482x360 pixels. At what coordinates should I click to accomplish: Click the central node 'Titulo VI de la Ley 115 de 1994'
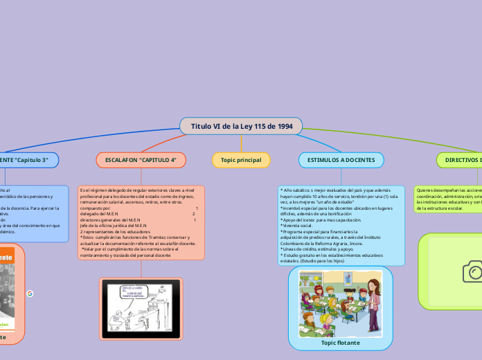(x=241, y=127)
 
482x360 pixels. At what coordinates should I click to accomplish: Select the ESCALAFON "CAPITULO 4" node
(x=141, y=160)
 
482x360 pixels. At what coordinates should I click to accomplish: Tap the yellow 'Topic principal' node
(x=241, y=160)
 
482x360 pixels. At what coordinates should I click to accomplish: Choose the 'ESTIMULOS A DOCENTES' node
(x=341, y=160)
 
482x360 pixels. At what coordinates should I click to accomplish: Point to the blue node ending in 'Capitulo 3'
(x=28, y=160)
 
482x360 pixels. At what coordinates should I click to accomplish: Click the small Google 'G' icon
(x=30, y=294)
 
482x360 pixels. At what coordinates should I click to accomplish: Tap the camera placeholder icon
(x=472, y=271)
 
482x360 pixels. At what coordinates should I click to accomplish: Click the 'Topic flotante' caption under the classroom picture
(x=340, y=342)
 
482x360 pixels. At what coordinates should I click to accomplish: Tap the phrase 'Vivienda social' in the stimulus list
(x=297, y=226)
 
